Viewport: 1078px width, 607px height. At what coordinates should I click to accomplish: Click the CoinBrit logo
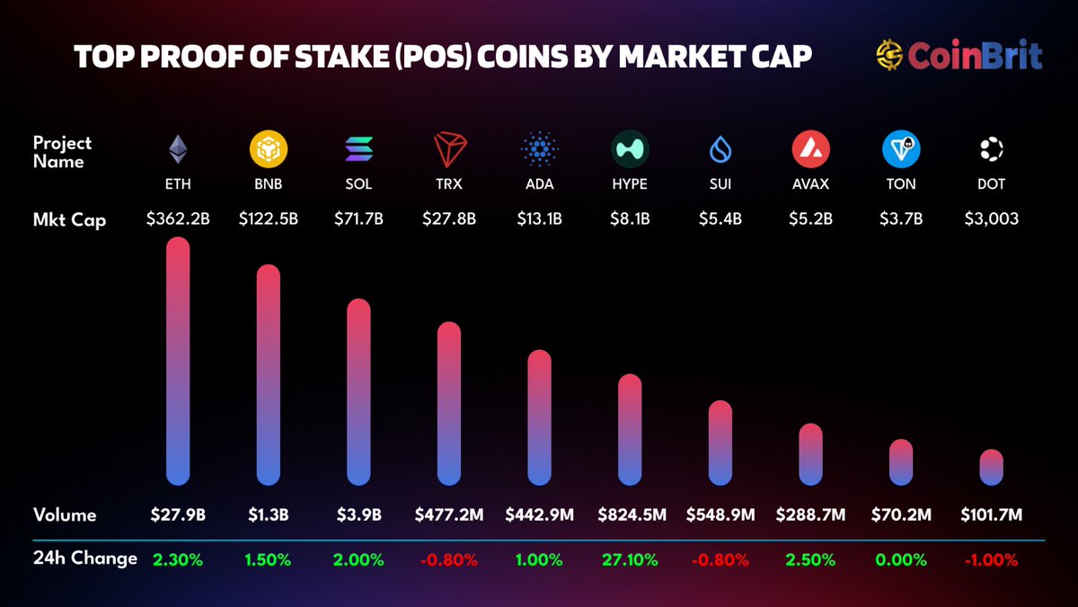tap(959, 56)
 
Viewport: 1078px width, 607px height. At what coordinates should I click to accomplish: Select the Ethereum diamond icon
tap(179, 149)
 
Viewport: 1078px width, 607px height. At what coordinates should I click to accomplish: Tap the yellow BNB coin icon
tap(269, 149)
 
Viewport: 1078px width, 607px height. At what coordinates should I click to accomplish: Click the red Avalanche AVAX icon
tap(811, 149)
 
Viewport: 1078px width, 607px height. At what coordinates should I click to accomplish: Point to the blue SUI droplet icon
tap(720, 149)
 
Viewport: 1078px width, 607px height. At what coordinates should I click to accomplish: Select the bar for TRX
tap(449, 404)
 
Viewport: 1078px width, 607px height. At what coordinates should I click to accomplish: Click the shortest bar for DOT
tap(991, 467)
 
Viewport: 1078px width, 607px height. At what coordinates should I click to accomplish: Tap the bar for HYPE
tap(631, 430)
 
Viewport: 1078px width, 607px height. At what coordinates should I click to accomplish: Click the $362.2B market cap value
tap(179, 218)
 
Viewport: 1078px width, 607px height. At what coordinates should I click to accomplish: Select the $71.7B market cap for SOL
tap(358, 218)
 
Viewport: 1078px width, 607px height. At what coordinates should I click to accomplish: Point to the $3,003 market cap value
tap(991, 218)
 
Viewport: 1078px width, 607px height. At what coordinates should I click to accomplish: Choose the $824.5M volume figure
tap(631, 515)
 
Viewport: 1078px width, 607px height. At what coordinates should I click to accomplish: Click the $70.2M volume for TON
tap(901, 515)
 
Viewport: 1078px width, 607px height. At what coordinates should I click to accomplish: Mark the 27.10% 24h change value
tap(631, 559)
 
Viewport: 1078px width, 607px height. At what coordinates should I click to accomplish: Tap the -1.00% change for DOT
tap(991, 559)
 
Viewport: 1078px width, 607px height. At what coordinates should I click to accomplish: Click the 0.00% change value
tap(901, 559)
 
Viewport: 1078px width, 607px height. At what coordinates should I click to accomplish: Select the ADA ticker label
tap(540, 184)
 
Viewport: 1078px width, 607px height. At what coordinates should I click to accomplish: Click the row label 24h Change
tap(85, 558)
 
